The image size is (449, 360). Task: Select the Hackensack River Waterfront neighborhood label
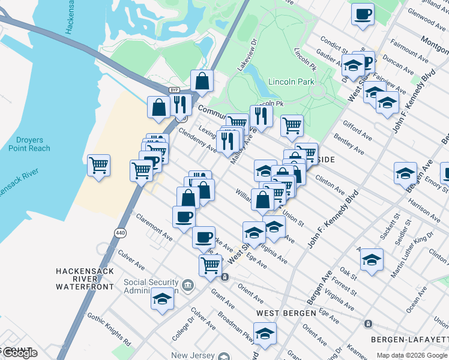pos(85,279)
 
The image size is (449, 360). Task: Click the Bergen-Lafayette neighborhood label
pos(409,340)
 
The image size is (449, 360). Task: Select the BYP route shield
pos(174,90)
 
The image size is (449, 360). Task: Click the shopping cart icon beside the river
pos(98,164)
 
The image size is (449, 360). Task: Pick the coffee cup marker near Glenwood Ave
pos(363,13)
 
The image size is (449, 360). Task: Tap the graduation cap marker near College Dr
pos(162,298)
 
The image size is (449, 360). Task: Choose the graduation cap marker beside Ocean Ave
pos(372,259)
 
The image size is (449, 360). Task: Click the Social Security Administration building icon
pos(187,284)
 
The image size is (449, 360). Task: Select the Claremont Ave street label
pos(154,228)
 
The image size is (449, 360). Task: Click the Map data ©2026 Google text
pos(412,355)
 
